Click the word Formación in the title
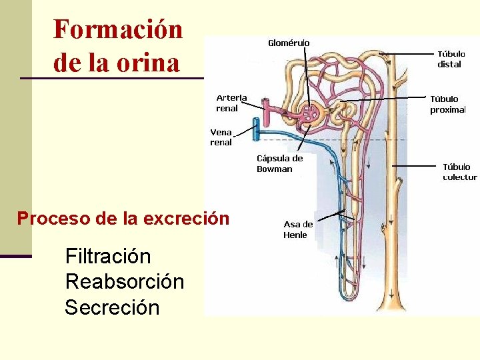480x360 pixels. coord(117,30)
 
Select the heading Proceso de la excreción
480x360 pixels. coord(123,218)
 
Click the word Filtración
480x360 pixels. coord(108,256)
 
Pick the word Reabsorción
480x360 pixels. coord(125,281)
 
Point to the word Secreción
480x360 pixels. coord(112,307)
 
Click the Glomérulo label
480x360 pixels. coord(289,43)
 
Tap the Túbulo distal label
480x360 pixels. coord(449,59)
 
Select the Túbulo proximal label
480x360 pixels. coord(447,104)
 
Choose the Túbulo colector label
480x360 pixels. coord(460,172)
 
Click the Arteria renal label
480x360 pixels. coord(231,103)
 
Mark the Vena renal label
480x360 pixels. coord(221,137)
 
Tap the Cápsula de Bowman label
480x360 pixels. coord(279,163)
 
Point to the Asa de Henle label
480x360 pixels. coord(297,229)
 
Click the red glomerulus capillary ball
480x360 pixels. coord(310,114)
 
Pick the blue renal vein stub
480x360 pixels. coord(255,129)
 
